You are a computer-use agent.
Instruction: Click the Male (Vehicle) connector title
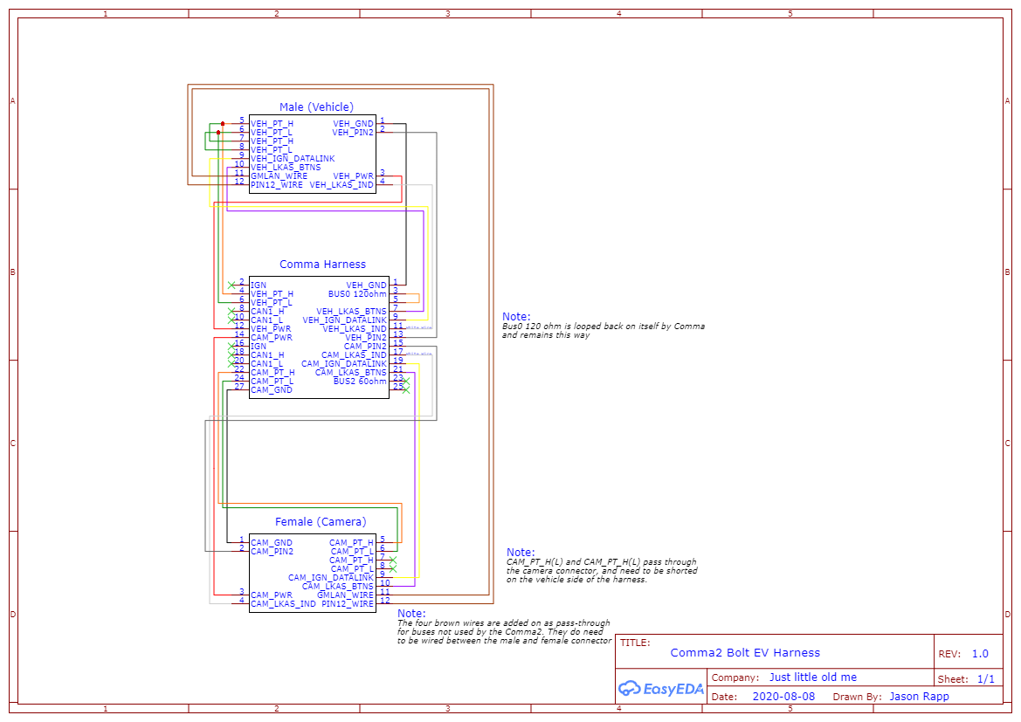[316, 107]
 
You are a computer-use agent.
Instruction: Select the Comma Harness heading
[322, 265]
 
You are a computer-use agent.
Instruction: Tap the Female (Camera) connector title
[321, 522]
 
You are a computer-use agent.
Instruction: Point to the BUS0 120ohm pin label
[357, 294]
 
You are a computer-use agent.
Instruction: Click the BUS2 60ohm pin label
[360, 382]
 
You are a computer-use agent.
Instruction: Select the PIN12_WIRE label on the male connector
[277, 185]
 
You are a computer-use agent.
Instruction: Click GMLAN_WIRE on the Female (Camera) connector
[345, 595]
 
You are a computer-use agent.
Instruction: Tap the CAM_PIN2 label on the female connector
[272, 552]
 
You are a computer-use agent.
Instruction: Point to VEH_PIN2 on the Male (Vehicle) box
[353, 133]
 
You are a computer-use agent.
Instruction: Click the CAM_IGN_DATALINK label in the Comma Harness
[343, 364]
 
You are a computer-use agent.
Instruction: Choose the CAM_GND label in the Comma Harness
[272, 390]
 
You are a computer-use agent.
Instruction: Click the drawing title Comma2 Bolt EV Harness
[745, 652]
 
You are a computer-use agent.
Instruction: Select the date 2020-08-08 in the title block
[783, 697]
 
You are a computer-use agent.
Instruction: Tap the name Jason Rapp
[919, 697]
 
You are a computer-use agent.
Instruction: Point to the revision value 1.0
[980, 654]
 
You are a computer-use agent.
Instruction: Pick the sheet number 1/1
[985, 679]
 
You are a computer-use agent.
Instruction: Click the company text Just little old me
[812, 677]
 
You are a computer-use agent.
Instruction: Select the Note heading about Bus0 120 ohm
[516, 317]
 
